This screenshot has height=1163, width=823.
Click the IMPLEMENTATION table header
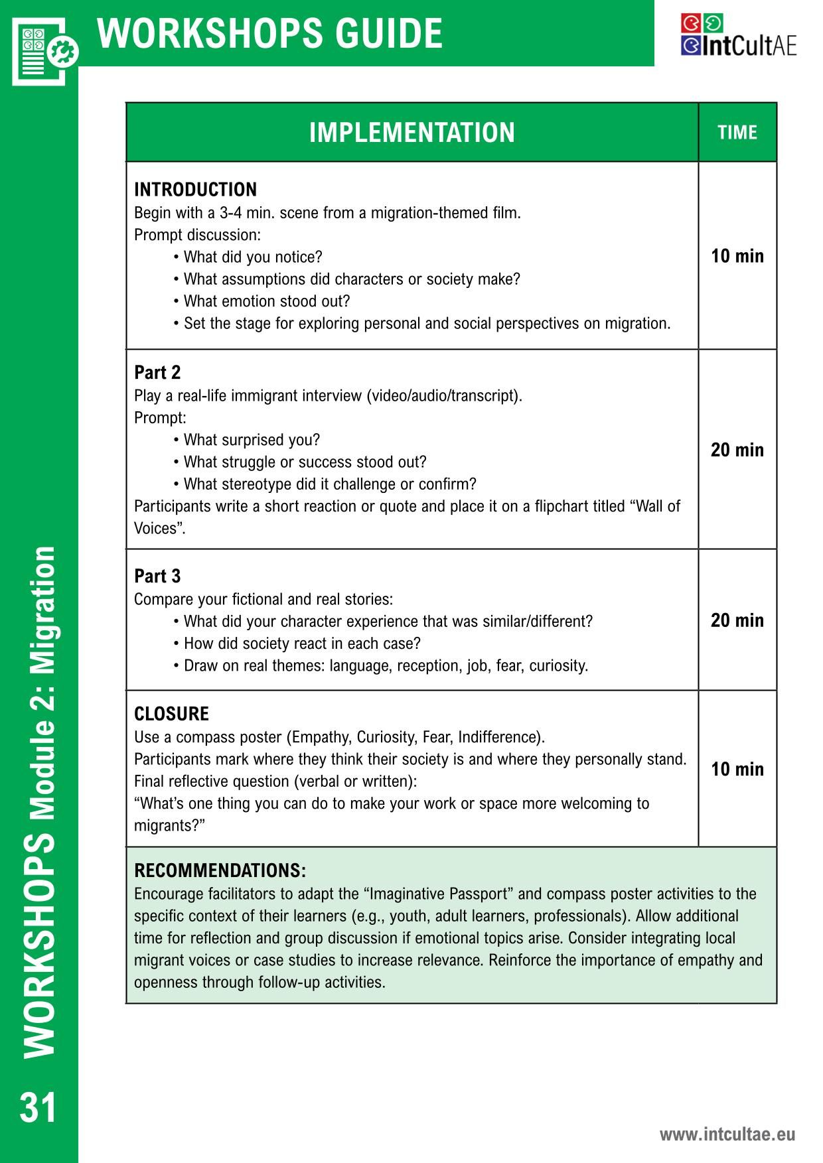411,133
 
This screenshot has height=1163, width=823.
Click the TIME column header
737,133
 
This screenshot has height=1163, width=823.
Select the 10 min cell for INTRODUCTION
737,256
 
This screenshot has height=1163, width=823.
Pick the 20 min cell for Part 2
737,450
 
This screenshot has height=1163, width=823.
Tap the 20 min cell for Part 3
737,620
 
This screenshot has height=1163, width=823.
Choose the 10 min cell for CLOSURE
737,769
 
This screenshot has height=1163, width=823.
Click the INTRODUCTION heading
195,190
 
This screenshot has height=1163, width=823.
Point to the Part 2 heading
157,372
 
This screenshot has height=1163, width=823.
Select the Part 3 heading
157,576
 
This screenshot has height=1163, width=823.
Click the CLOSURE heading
171,714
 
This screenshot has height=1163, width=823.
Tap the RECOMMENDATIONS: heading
220,870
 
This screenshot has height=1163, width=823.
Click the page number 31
38,1107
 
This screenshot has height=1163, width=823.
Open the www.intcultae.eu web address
727,1134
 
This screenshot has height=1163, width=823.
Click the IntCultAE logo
738,36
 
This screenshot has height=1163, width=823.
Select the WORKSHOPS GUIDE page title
270,33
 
